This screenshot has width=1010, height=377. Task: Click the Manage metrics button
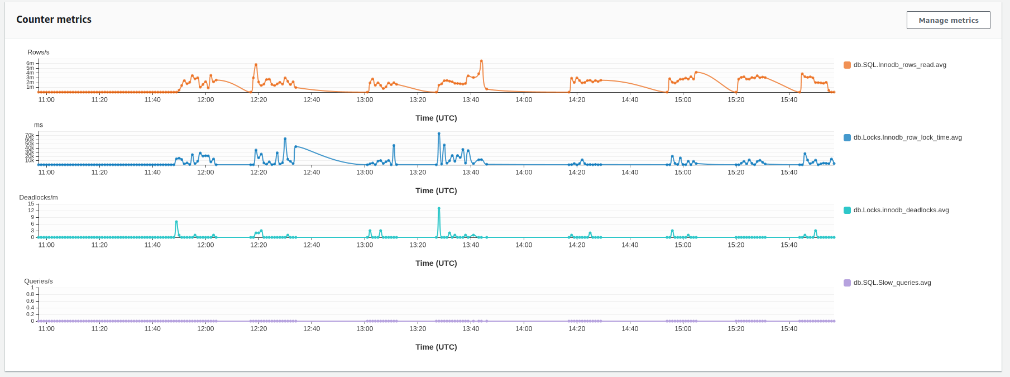click(x=948, y=20)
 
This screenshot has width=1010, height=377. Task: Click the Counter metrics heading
click(x=54, y=20)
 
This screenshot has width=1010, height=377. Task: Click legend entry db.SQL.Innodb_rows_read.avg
click(x=899, y=65)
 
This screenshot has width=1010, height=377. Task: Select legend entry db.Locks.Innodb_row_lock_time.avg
click(x=907, y=137)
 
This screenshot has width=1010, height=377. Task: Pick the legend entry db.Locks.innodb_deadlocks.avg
click(x=901, y=210)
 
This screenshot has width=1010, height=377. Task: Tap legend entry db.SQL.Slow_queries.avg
click(x=892, y=283)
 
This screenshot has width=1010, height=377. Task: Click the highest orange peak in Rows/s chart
click(x=481, y=61)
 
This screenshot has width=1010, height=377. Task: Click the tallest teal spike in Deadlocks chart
click(x=439, y=208)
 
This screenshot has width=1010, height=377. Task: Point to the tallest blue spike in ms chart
click(x=439, y=133)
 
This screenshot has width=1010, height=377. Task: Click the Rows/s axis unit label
click(x=39, y=53)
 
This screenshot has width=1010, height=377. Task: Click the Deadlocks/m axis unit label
click(x=39, y=198)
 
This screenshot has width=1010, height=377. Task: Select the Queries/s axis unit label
click(x=39, y=281)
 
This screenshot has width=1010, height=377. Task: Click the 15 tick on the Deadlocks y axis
click(x=31, y=204)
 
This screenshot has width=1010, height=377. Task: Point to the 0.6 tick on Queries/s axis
click(x=30, y=301)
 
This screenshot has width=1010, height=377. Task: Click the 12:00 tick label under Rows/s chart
click(x=205, y=100)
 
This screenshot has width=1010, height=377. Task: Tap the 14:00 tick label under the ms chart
click(x=524, y=173)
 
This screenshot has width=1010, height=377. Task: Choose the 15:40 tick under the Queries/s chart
click(x=789, y=329)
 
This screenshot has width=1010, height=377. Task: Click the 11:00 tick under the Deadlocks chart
click(x=46, y=245)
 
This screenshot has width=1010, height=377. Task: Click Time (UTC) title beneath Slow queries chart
click(x=436, y=347)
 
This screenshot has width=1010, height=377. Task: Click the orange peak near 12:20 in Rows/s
click(x=256, y=65)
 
